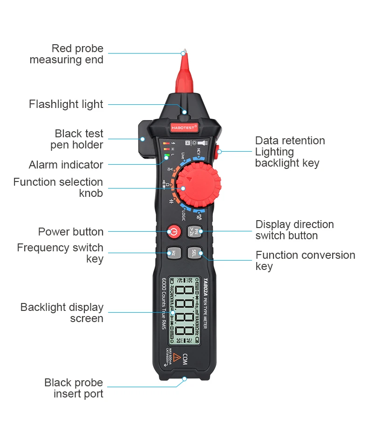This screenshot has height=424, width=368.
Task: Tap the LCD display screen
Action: click(185, 311)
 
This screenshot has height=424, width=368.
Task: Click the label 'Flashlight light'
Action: click(66, 104)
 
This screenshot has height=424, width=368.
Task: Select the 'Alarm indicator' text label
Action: click(66, 165)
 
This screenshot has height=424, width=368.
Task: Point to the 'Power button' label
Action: click(71, 232)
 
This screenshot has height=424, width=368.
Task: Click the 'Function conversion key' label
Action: click(305, 261)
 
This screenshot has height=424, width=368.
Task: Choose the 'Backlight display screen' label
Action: click(62, 313)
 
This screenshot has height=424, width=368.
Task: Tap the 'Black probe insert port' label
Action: click(74, 388)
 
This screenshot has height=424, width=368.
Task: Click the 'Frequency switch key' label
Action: click(61, 253)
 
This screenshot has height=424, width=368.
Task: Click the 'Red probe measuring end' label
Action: click(67, 54)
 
